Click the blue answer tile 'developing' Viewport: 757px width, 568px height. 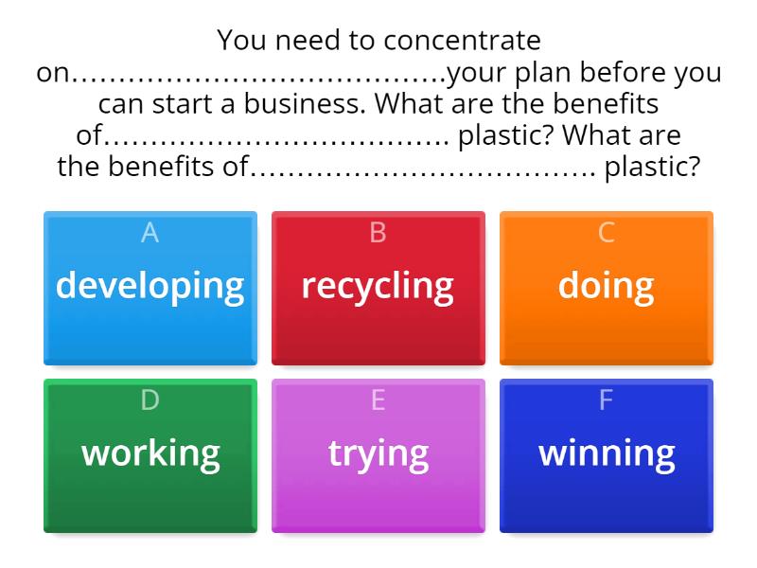point(150,287)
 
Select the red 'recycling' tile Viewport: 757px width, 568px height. point(378,287)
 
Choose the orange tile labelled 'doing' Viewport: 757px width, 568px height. point(606,287)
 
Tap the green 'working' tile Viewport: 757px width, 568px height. point(150,454)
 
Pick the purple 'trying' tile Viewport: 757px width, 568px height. point(378,454)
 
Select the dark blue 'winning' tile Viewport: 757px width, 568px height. point(606,454)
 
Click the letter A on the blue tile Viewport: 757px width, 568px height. point(150,233)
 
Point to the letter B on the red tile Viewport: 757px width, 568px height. point(378,233)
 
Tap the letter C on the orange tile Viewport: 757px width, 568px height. point(607,233)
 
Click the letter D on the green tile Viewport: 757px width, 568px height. point(150,400)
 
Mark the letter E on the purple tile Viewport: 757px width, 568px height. point(378,400)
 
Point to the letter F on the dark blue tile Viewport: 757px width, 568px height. point(607,400)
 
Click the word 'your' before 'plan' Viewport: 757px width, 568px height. point(478,72)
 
